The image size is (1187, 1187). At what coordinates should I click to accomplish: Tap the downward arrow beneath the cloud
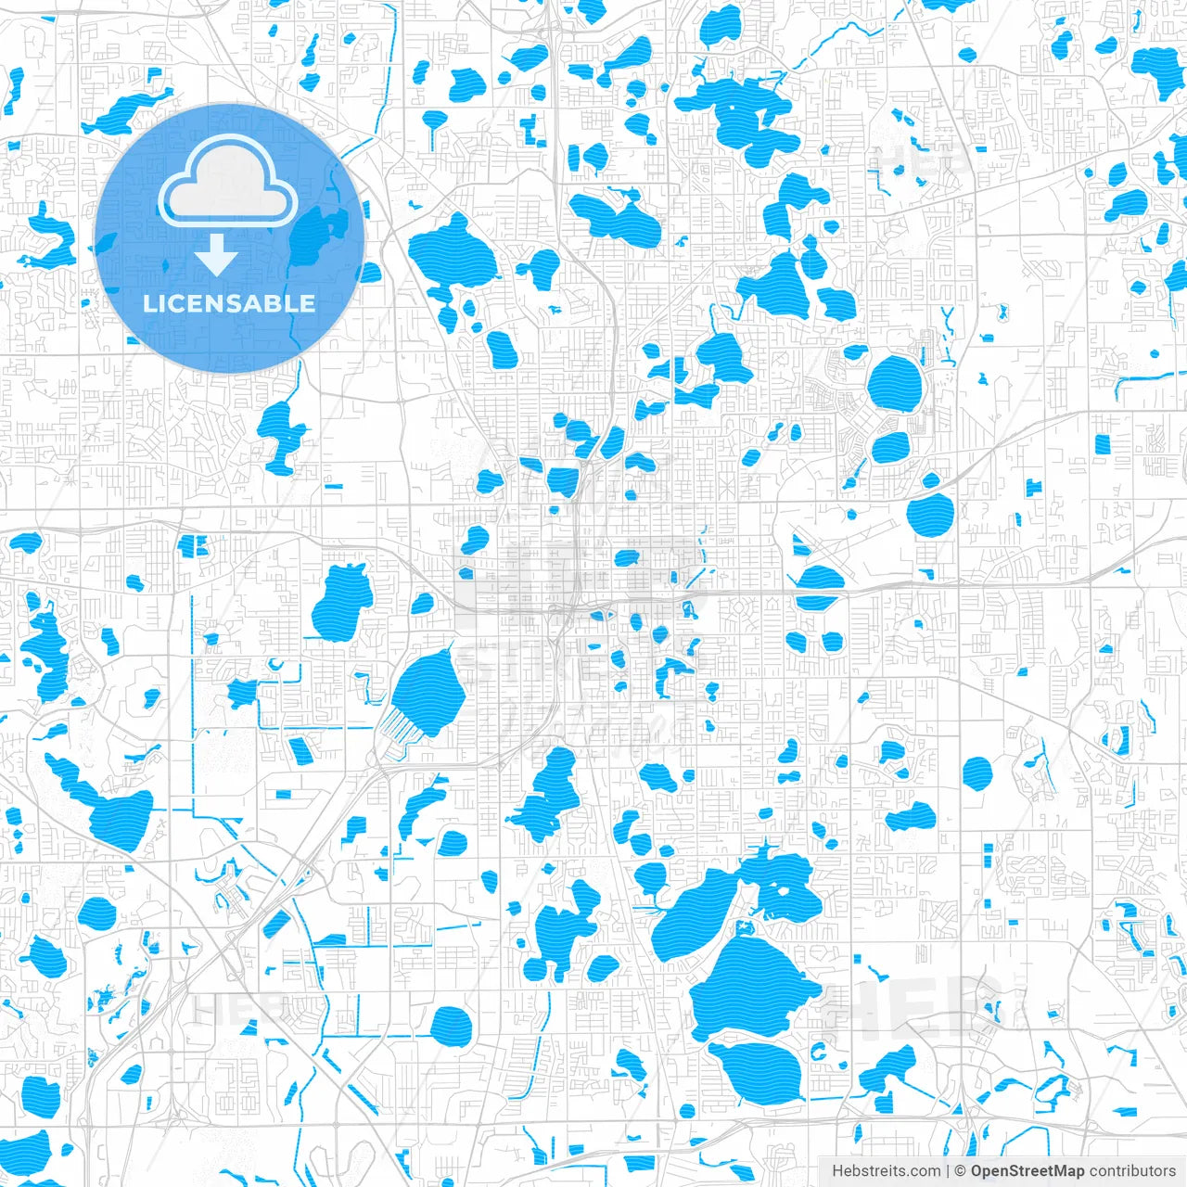pos(216,255)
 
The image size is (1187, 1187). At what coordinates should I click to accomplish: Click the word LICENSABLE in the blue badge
pos(228,303)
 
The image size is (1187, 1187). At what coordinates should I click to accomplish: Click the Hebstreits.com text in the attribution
pos(886,1171)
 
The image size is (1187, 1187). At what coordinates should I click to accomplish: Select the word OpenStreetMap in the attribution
pos(1027,1171)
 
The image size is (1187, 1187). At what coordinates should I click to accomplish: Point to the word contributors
pos(1132,1171)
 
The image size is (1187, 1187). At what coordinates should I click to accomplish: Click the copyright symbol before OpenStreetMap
pos(961,1171)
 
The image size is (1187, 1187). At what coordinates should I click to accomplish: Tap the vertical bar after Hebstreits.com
pos(947,1171)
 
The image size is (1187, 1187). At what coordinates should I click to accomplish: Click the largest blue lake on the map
pos(752,987)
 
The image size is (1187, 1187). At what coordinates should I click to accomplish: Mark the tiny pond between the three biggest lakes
pos(742,928)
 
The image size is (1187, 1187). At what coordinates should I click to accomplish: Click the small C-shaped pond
pos(818,1052)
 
